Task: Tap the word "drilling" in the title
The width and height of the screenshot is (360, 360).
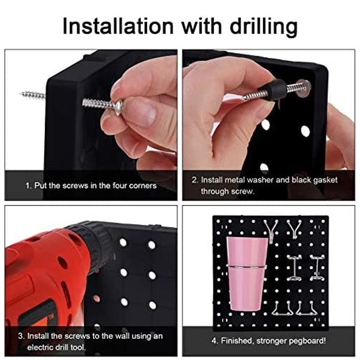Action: tap(264, 28)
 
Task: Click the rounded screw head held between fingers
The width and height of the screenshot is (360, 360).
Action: tap(119, 107)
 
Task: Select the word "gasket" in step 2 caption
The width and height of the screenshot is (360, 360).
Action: tap(326, 180)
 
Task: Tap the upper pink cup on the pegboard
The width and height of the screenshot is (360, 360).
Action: tap(247, 251)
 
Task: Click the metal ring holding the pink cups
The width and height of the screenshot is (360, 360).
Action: tap(247, 266)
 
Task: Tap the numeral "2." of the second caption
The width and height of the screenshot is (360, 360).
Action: tap(195, 180)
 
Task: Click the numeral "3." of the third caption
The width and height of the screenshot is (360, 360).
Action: tap(21, 336)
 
